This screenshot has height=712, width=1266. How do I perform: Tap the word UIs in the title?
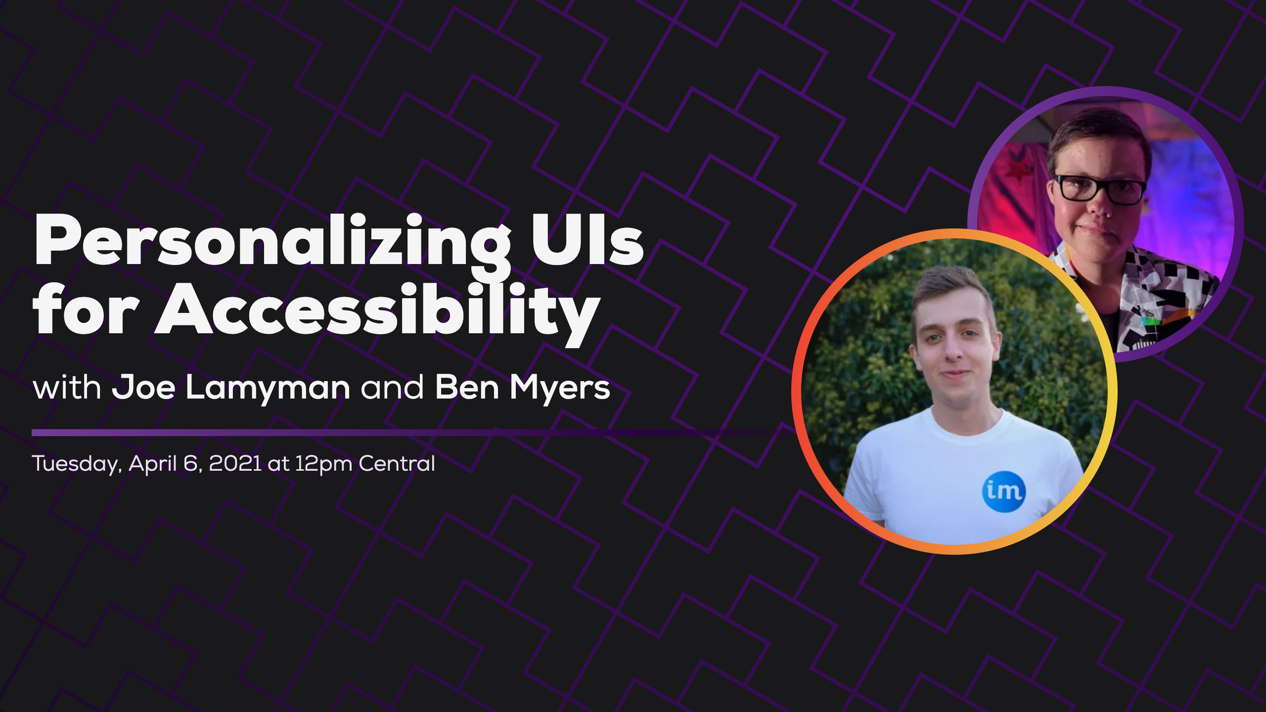(587, 241)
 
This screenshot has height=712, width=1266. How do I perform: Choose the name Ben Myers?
(522, 388)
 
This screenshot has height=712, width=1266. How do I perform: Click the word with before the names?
(67, 388)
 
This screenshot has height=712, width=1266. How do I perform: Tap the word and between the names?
(392, 388)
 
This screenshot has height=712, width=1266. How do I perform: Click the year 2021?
(235, 464)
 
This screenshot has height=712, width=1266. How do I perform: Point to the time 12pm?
(323, 464)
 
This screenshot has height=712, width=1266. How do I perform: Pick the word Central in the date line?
(397, 464)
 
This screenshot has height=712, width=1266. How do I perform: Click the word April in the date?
(153, 464)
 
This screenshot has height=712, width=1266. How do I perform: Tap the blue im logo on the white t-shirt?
(1003, 491)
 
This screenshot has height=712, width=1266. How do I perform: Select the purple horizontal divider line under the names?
(396, 433)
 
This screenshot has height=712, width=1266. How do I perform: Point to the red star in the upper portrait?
(1020, 171)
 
